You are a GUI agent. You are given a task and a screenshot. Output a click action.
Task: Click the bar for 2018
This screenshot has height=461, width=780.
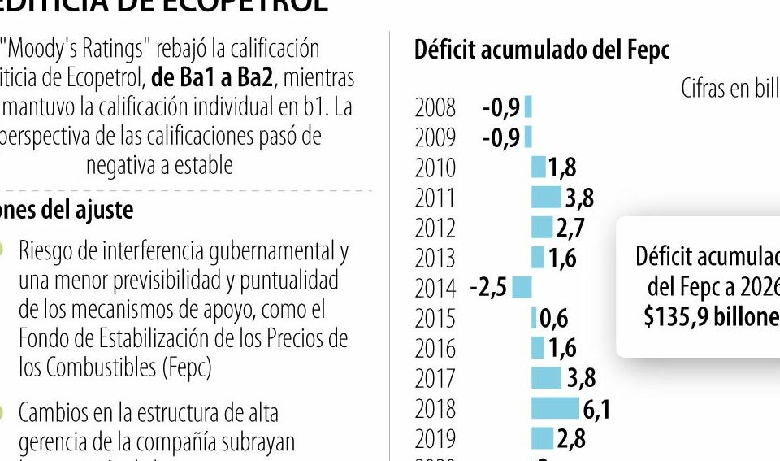click(x=556, y=408)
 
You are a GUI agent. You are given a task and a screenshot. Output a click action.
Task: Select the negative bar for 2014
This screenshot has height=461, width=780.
click(x=522, y=287)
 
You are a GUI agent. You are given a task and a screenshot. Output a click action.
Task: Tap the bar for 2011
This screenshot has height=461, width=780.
click(x=546, y=197)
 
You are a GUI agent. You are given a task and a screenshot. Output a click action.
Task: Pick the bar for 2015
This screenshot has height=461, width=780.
click(x=535, y=318)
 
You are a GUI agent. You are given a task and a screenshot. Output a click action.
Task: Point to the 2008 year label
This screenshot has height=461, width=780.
click(x=435, y=107)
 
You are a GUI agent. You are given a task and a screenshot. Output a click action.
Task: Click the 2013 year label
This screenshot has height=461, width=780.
click(x=435, y=258)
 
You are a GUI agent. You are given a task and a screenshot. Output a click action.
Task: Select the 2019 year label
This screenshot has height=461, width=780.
click(x=435, y=439)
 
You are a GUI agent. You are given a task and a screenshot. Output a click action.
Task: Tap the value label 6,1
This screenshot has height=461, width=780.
click(x=596, y=409)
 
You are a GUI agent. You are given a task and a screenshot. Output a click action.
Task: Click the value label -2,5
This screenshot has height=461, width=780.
click(x=488, y=288)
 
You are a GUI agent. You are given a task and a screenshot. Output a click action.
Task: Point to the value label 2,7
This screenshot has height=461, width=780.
click(x=570, y=228)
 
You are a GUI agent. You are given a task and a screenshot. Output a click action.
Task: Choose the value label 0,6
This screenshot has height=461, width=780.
click(x=554, y=318)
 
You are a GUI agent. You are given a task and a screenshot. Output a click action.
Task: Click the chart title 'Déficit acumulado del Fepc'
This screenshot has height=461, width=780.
click(x=542, y=50)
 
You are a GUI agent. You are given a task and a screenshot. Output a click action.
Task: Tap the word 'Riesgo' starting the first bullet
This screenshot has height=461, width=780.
click(x=47, y=251)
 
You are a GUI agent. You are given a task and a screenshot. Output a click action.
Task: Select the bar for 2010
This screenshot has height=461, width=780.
click(x=538, y=167)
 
